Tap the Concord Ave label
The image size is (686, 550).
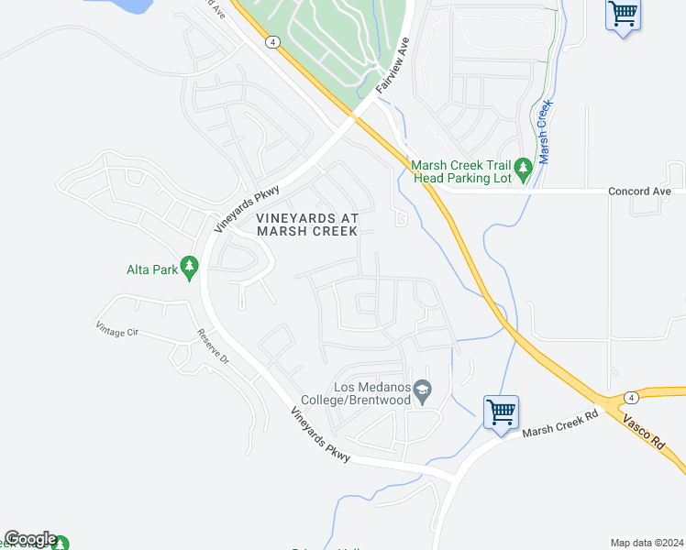click(x=640, y=192)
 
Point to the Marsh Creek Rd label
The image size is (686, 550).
click(x=559, y=423)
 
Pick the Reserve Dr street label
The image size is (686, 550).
click(x=211, y=347)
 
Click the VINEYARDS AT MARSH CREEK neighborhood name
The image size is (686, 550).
click(x=306, y=225)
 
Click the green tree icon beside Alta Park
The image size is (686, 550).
click(x=190, y=268)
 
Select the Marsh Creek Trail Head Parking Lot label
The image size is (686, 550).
click(x=461, y=171)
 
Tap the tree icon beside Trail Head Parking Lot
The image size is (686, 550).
click(x=524, y=168)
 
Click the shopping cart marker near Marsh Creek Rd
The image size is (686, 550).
click(x=502, y=412)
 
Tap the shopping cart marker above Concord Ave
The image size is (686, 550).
click(x=624, y=14)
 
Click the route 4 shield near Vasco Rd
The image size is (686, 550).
click(x=632, y=397)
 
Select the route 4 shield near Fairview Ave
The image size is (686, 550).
click(x=273, y=42)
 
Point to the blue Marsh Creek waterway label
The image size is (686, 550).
click(x=544, y=132)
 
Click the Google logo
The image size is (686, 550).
click(x=30, y=539)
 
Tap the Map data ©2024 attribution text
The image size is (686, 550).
click(x=647, y=543)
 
